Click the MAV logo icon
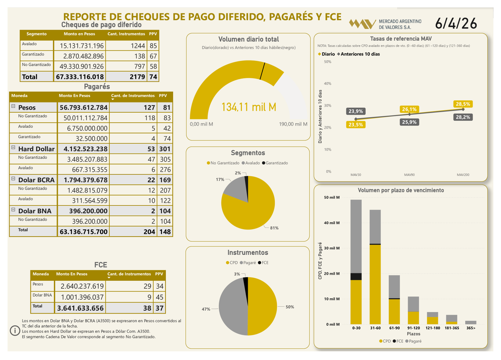click(x=362, y=24)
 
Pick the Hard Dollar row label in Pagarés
click(x=36, y=149)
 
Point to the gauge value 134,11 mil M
click(x=248, y=107)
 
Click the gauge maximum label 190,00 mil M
click(x=293, y=124)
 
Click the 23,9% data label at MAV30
click(x=356, y=112)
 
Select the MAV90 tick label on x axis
click(x=409, y=175)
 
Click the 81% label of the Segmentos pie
click(x=274, y=228)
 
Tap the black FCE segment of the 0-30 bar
click(x=356, y=276)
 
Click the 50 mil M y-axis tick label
click(x=331, y=197)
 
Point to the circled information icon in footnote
click(x=15, y=331)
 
